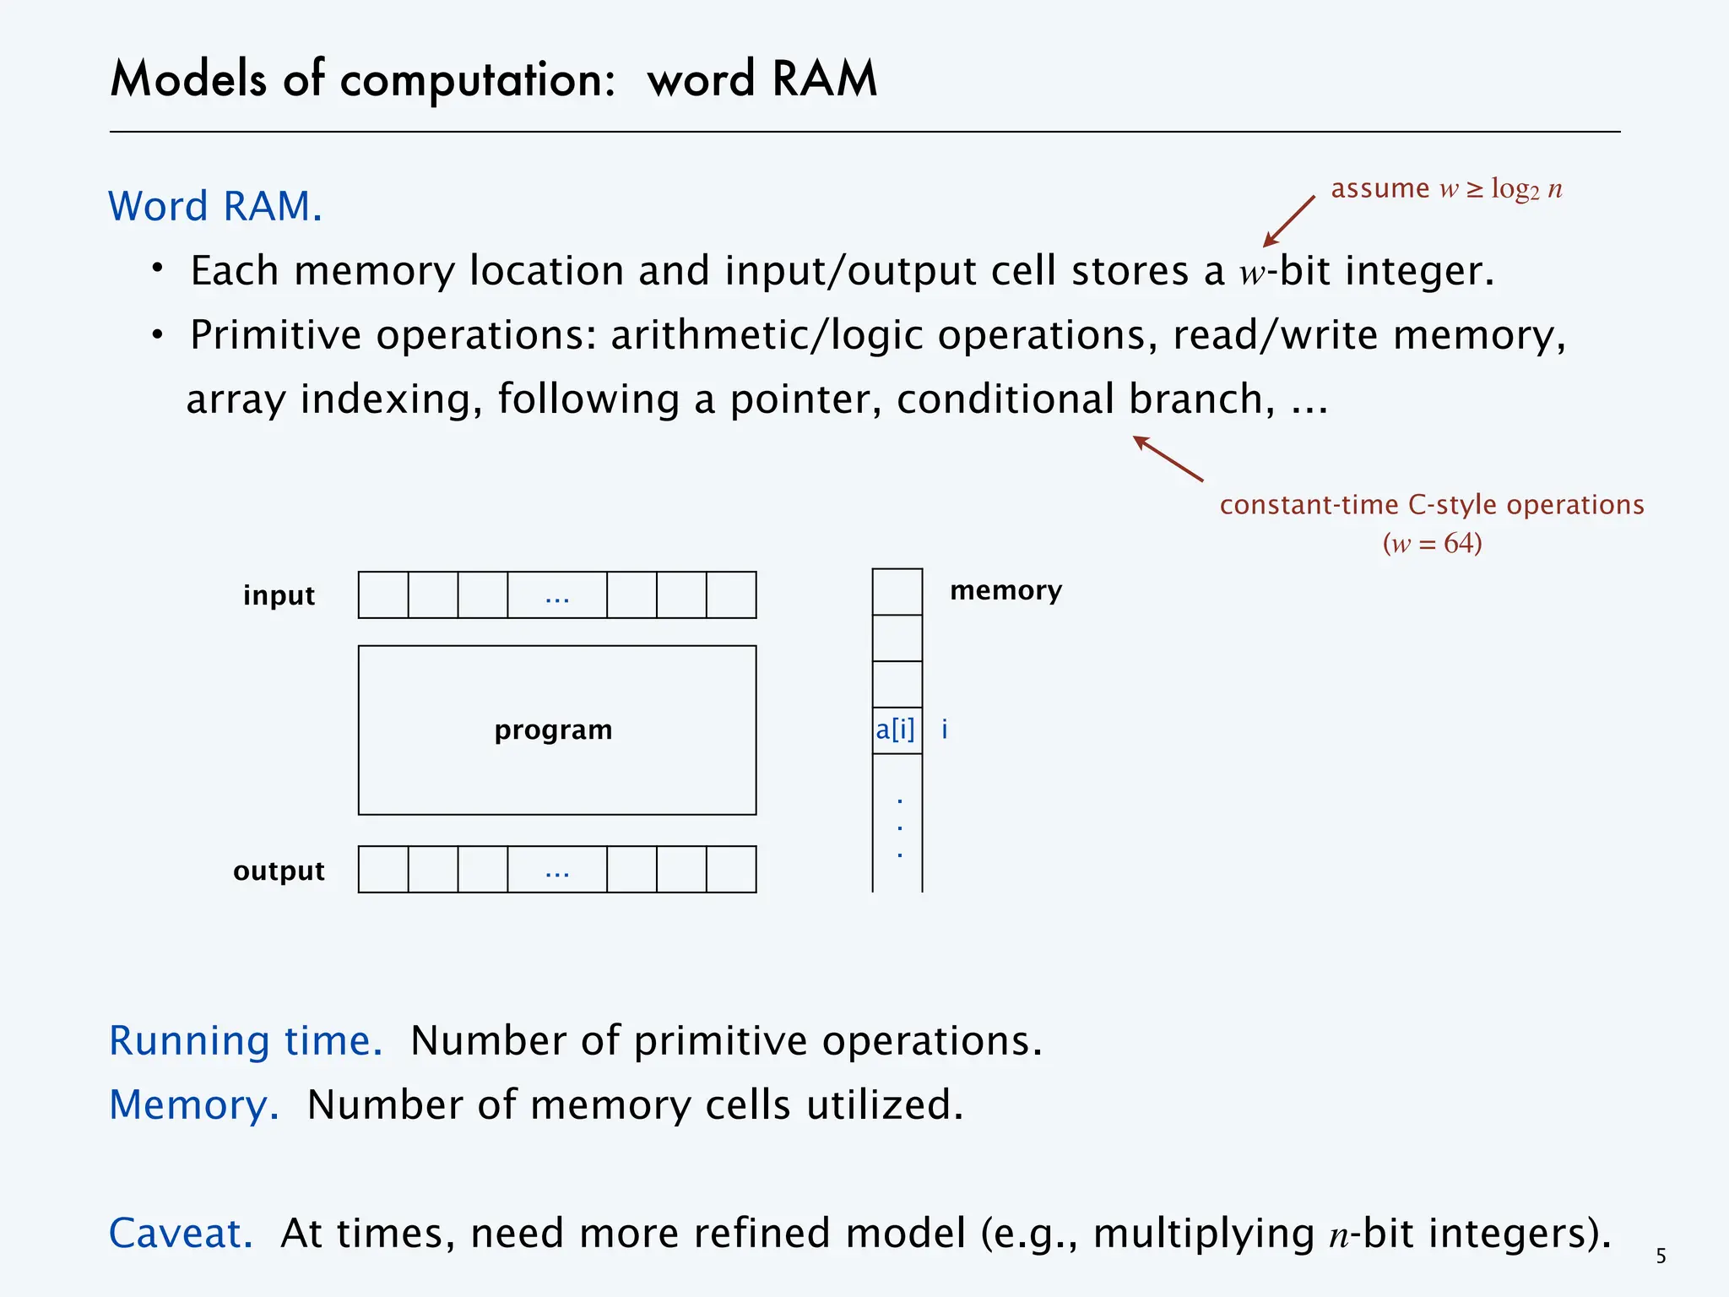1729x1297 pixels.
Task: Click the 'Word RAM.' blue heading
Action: tap(215, 206)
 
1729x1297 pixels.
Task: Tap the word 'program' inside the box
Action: tap(553, 730)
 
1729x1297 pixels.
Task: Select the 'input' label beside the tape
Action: tap(279, 595)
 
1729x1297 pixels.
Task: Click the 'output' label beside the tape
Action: tap(279, 871)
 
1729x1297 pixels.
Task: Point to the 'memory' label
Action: tap(1005, 590)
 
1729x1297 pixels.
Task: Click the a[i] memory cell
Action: tap(896, 730)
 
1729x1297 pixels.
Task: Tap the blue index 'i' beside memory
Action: tap(945, 730)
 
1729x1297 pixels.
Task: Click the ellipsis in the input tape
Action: tap(557, 596)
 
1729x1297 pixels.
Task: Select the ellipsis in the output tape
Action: tap(557, 871)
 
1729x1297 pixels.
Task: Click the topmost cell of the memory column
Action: tap(897, 592)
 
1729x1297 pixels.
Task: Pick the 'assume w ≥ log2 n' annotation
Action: tap(1446, 188)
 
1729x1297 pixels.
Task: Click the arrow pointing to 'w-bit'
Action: tap(1288, 221)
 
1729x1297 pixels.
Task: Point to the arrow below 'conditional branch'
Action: tap(1168, 459)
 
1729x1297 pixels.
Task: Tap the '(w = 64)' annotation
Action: tap(1432, 543)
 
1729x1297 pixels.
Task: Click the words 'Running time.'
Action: tap(246, 1040)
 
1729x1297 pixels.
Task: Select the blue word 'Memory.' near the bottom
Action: tap(194, 1104)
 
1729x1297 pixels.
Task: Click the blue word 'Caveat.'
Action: tap(182, 1233)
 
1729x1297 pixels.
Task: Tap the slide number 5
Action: tap(1661, 1256)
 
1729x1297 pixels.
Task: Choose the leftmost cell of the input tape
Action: tap(383, 595)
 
